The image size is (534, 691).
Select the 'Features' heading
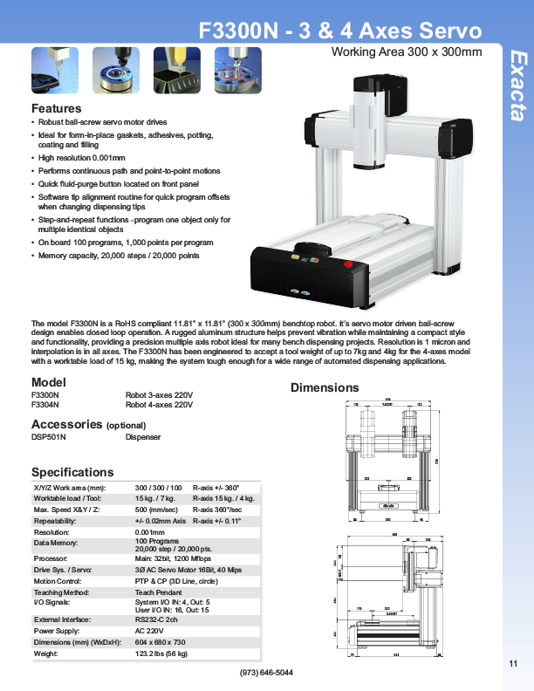(57, 108)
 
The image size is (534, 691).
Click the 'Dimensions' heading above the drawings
(325, 387)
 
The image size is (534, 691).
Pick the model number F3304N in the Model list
(45, 405)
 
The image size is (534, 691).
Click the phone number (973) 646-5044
(266, 673)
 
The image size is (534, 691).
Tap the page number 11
(512, 666)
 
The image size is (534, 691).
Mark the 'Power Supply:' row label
(57, 630)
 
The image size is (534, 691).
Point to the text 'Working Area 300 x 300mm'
(406, 52)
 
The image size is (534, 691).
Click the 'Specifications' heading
(72, 472)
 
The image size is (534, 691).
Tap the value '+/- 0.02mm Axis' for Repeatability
(161, 520)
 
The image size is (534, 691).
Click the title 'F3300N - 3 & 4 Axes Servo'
(340, 31)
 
